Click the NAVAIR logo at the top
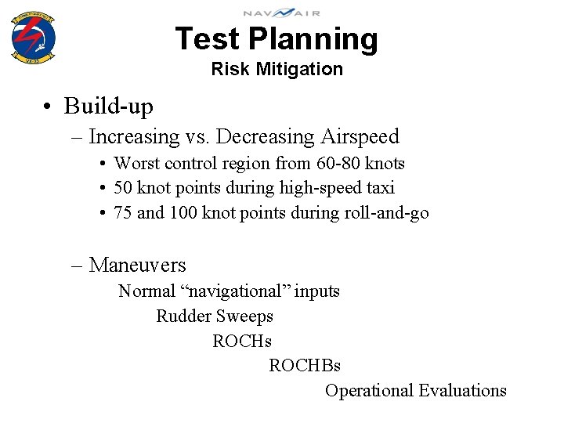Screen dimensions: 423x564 [x=281, y=12]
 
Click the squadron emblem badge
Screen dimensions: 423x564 [x=33, y=35]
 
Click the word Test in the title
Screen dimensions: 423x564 [x=207, y=38]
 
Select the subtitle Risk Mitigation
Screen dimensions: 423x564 [x=277, y=69]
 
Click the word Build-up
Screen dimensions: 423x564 [x=109, y=106]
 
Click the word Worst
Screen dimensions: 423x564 [x=135, y=164]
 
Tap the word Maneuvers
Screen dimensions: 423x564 [x=137, y=266]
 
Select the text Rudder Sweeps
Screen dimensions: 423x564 [x=215, y=316]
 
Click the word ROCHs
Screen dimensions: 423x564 [x=242, y=342]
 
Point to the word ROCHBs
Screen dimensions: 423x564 [x=305, y=366]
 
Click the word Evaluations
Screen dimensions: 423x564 [x=462, y=391]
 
